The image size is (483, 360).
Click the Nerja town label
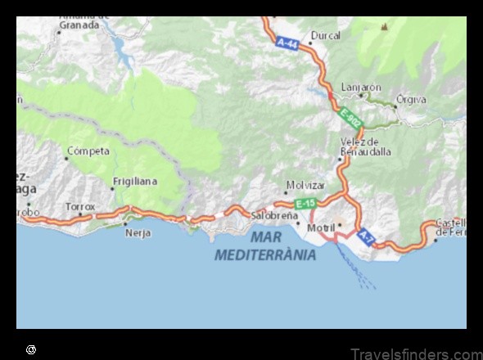[137, 232]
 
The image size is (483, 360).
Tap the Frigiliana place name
[136, 181]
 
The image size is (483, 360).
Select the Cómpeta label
[88, 151]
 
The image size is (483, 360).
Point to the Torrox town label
[80, 207]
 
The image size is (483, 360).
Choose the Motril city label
[321, 227]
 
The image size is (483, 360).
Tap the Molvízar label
[305, 185]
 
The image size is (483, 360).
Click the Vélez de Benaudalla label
[365, 146]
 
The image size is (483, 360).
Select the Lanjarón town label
[361, 87]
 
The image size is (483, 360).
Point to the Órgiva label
[411, 100]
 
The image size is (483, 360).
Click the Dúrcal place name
[325, 35]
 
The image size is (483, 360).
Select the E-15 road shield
[305, 203]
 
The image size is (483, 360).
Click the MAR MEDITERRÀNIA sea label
[266, 245]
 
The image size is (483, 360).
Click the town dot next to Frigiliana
[113, 189]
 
